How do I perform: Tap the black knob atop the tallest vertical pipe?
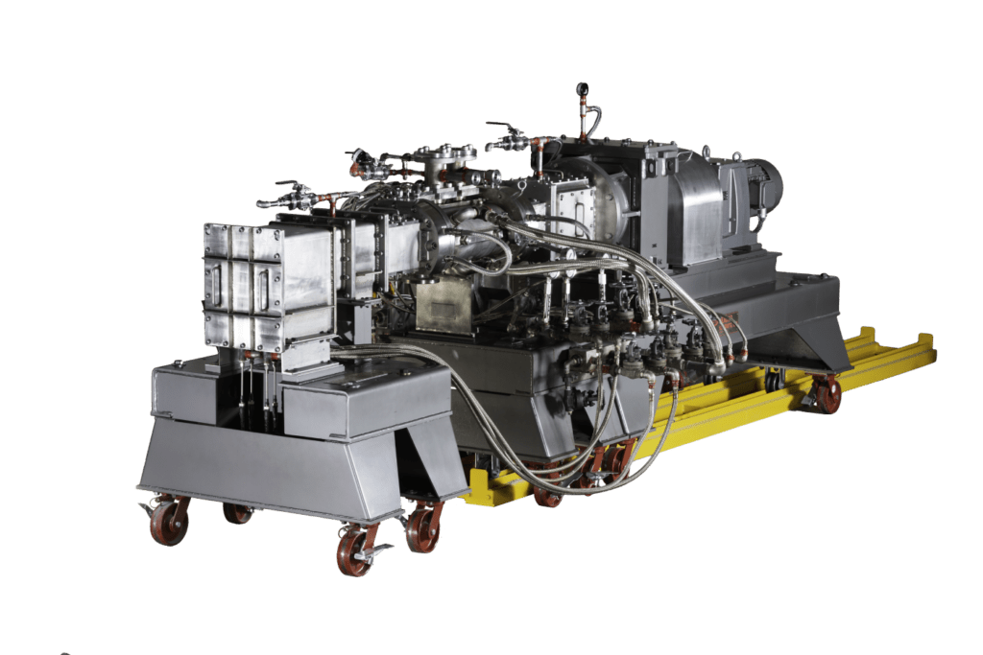[582, 88]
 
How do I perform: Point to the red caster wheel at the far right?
[826, 393]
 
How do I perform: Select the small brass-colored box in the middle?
[443, 306]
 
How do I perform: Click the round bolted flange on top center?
[445, 153]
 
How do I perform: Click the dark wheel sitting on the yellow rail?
[772, 382]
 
